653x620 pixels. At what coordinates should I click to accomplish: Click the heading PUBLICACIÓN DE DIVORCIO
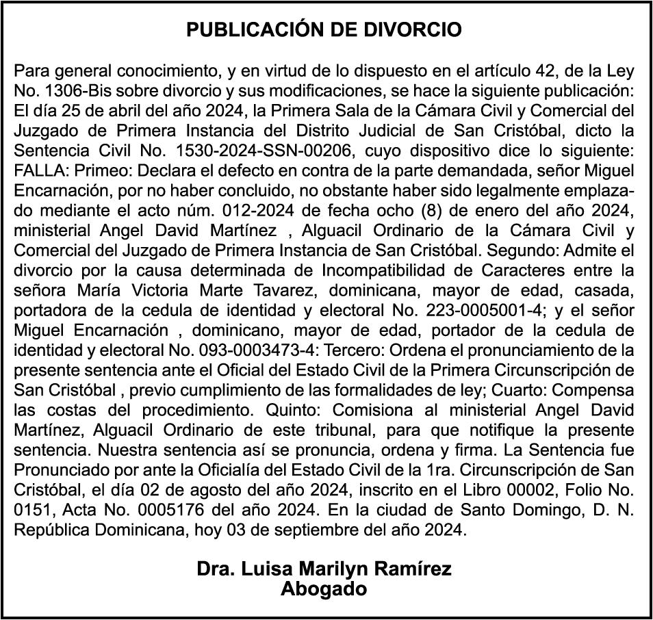[x=324, y=30]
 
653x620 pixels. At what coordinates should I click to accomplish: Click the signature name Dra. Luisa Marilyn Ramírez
[x=324, y=569]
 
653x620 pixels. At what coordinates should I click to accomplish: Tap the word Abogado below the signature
[x=324, y=589]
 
